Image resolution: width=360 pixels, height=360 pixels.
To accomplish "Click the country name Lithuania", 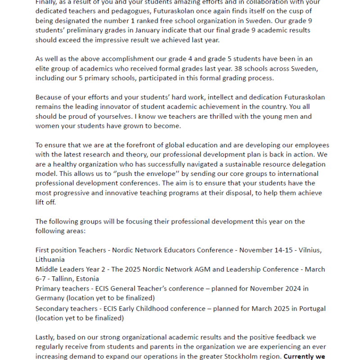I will [x=50, y=260].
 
